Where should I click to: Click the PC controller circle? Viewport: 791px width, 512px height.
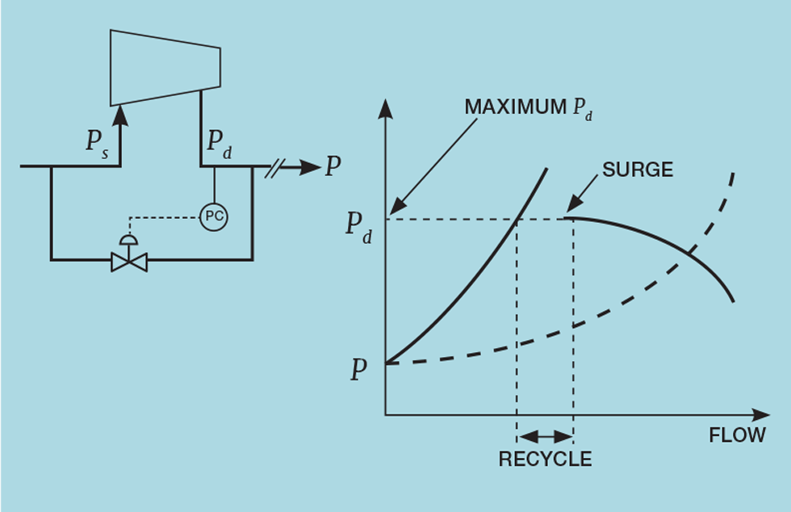(x=214, y=216)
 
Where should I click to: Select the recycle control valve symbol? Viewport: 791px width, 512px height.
(x=129, y=262)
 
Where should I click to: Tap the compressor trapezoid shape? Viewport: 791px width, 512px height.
(x=165, y=68)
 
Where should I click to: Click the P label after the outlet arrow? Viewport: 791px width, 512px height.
(x=332, y=167)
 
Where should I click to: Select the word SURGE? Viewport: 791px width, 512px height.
(x=638, y=170)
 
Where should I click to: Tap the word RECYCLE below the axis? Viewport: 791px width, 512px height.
(x=545, y=460)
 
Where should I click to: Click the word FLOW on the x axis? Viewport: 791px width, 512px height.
(x=737, y=435)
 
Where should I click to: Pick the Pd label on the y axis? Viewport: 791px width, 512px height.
(x=359, y=227)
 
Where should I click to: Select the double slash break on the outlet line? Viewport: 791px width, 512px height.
(x=274, y=167)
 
